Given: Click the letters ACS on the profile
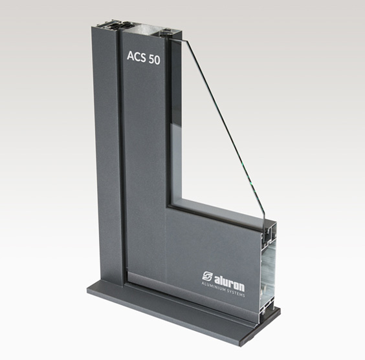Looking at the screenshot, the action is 136,57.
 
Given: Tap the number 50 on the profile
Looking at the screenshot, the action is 154,59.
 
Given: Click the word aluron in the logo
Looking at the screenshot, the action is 229,282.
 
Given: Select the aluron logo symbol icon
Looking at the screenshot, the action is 207,276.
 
